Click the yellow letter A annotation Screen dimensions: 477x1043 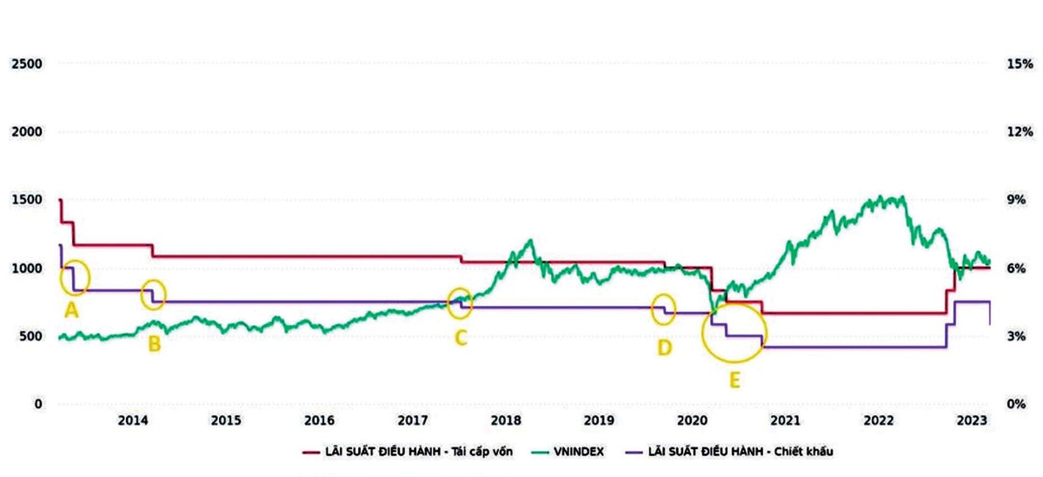pyautogui.click(x=71, y=310)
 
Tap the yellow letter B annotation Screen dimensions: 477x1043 pyautogui.click(x=155, y=343)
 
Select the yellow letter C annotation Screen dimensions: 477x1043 pyautogui.click(x=461, y=337)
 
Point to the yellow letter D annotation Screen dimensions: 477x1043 pyautogui.click(x=664, y=348)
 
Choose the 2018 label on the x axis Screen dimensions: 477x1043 pyautogui.click(x=506, y=421)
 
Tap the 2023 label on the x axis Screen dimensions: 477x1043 pyautogui.click(x=973, y=421)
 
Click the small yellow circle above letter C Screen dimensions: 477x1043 pyautogui.click(x=461, y=301)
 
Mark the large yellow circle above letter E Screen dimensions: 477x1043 pyautogui.click(x=733, y=331)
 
